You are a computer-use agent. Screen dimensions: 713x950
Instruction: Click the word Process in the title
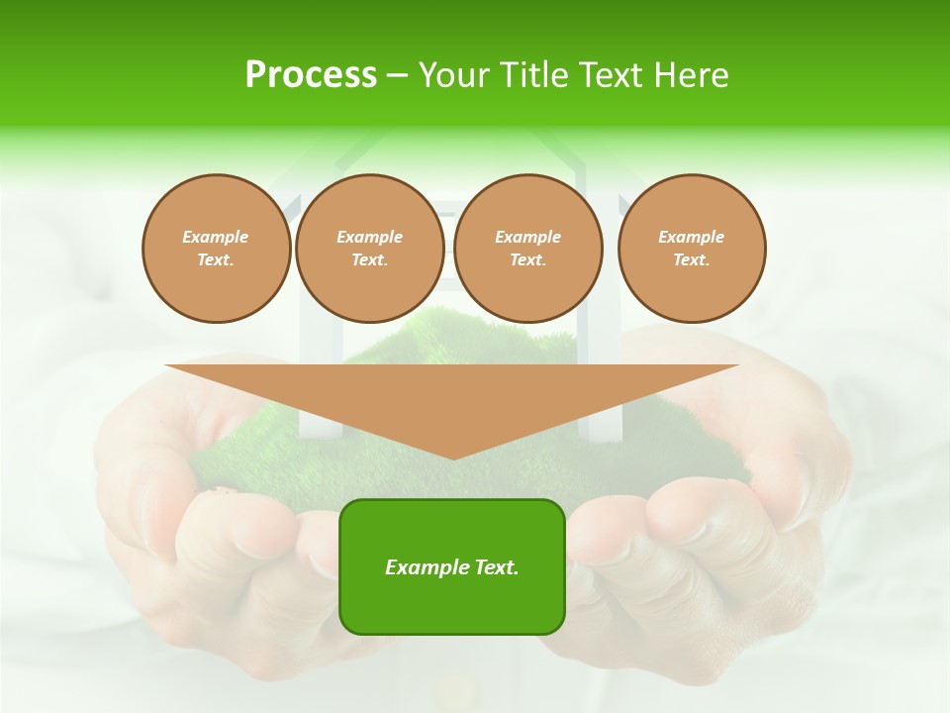point(311,74)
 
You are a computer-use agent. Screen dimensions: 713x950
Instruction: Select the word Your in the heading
point(452,74)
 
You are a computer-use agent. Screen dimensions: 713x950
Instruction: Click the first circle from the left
point(216,249)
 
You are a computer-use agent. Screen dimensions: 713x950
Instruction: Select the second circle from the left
point(369,249)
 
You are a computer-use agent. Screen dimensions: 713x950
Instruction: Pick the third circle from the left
point(527,249)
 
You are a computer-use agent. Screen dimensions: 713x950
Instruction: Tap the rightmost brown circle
point(692,249)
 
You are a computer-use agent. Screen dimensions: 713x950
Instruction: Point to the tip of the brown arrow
point(453,458)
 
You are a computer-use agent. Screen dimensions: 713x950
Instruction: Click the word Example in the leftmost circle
point(216,237)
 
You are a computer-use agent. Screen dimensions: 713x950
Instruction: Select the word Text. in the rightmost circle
point(692,260)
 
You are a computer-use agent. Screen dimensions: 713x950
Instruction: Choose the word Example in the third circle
point(527,237)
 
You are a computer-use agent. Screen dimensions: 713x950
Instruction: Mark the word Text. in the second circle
point(369,260)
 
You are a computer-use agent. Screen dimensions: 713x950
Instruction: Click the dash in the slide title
point(397,75)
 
